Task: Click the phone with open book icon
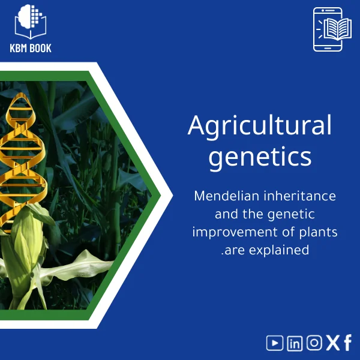328,29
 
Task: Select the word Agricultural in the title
259,126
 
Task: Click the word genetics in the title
259,157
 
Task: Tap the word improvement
235,232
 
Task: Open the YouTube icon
275,343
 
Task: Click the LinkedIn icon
295,343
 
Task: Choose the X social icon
332,343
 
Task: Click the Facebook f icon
347,343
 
